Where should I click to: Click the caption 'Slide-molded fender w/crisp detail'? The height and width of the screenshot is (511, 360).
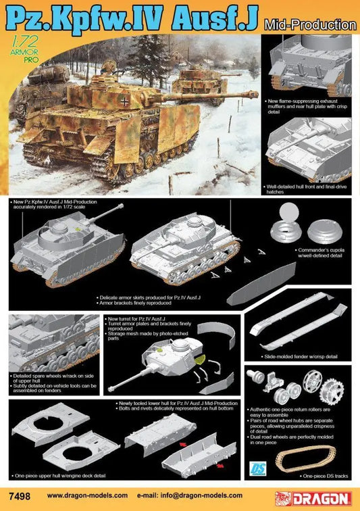point(297,356)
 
